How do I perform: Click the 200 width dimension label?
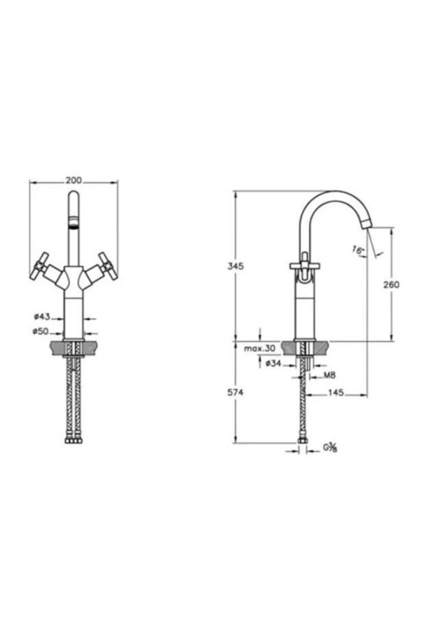74,180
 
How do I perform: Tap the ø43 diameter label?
42,316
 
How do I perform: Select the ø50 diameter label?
40,331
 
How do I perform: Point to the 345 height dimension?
236,266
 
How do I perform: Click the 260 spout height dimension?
391,284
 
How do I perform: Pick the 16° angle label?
358,250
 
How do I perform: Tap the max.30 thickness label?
260,349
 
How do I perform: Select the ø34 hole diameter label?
273,363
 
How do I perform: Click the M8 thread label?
329,375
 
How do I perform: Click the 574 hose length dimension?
236,393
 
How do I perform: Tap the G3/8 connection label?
329,448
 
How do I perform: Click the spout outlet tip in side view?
366,225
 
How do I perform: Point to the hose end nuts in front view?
73,441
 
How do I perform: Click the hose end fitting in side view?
302,441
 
